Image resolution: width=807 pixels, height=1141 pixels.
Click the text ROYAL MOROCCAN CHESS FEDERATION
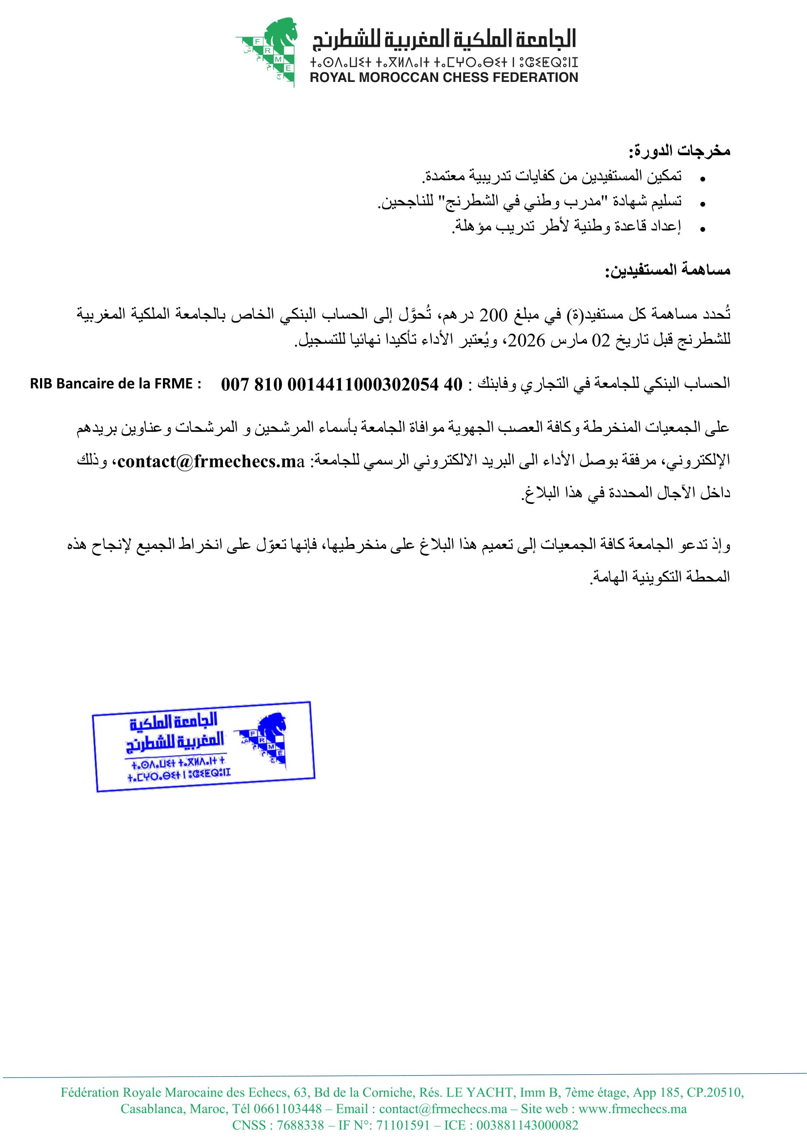tap(444, 78)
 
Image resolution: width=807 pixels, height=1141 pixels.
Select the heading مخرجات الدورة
tap(679, 151)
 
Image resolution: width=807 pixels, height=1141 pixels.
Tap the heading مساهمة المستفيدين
tap(667, 270)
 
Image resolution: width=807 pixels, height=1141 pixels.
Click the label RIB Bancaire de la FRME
tap(115, 383)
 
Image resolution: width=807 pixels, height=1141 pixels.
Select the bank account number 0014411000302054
tap(363, 384)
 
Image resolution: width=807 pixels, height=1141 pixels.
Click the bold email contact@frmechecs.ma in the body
tap(211, 461)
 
